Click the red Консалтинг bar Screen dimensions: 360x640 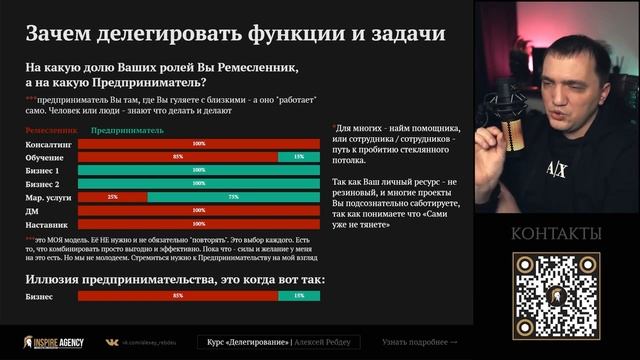(x=198, y=144)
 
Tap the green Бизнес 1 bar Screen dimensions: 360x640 (x=198, y=171)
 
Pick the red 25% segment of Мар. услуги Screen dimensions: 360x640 (x=112, y=197)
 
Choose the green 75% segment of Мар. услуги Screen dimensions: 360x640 (x=234, y=197)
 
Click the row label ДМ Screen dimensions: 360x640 (x=32, y=210)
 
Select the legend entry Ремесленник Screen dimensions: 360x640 (x=51, y=130)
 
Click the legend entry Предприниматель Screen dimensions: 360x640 (x=127, y=130)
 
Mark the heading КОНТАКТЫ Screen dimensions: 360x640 (x=556, y=234)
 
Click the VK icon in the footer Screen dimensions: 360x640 (x=112, y=342)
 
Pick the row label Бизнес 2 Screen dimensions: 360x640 (x=42, y=184)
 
